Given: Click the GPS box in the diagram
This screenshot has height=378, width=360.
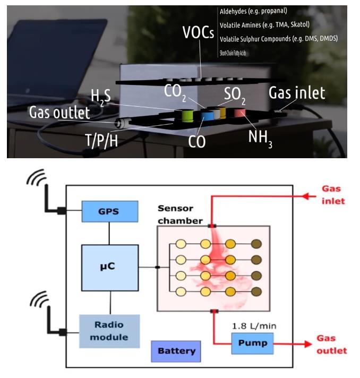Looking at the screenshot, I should [x=109, y=211].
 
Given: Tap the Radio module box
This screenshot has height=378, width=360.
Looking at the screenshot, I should [x=109, y=331].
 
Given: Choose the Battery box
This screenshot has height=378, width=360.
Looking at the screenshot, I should [x=176, y=351].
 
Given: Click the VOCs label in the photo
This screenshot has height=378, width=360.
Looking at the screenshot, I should [x=198, y=33].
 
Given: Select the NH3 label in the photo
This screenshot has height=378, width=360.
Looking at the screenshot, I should [x=261, y=139].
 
